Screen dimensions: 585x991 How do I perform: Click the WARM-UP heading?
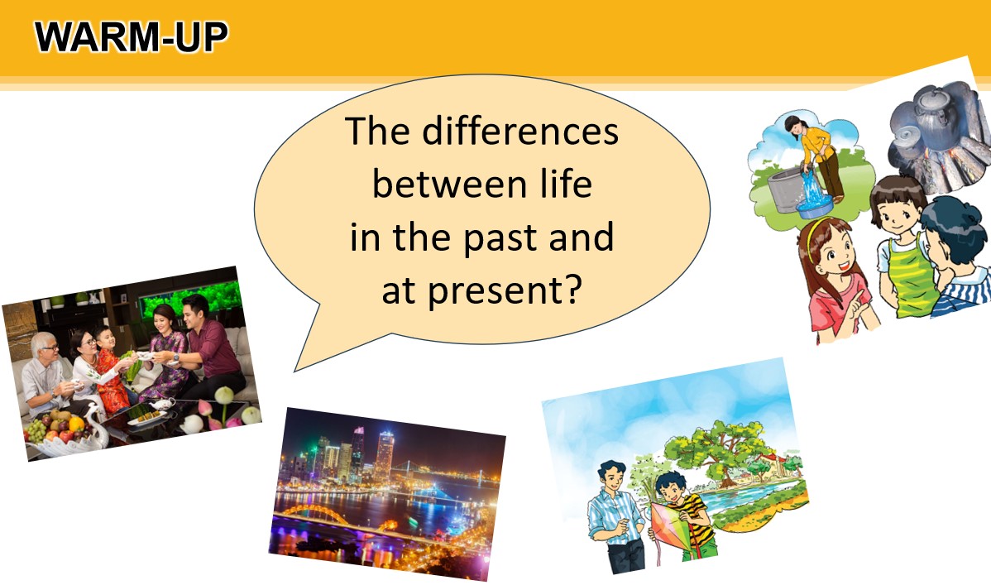coord(132,37)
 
